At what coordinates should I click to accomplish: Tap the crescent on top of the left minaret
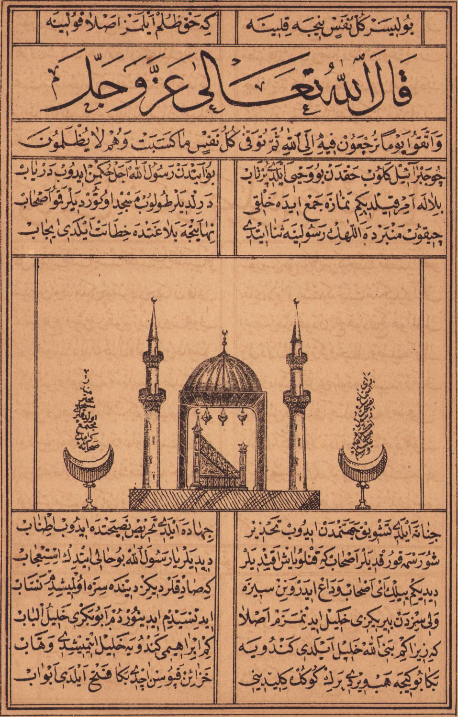pos(154,300)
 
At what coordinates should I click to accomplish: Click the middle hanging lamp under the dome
pos(222,417)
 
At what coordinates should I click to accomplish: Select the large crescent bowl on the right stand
pos(362,463)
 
